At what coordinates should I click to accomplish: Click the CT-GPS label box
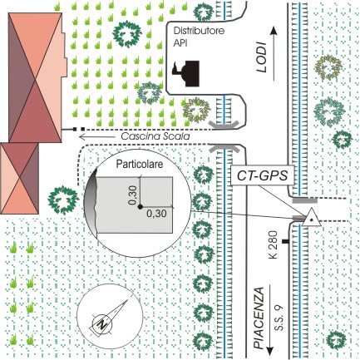point(262,176)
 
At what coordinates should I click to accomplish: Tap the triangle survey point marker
point(311,218)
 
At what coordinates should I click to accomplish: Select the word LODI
point(261,57)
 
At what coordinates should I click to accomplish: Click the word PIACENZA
point(259,318)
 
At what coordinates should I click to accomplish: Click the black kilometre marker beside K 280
point(285,242)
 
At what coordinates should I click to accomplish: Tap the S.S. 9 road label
point(279,318)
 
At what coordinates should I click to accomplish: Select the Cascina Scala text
point(155,136)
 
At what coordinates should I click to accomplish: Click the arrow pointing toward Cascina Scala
point(96,136)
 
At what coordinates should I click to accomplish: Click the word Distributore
point(199,31)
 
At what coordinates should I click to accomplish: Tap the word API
point(180,43)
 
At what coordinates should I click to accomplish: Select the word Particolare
point(140,164)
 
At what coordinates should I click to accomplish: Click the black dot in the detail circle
point(140,206)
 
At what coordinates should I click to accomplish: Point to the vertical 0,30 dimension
point(133,195)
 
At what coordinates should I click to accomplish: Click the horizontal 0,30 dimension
point(156,214)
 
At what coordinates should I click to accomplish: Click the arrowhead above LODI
point(274,30)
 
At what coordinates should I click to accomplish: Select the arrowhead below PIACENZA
point(269,351)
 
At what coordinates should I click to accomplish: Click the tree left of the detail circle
point(63,200)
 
